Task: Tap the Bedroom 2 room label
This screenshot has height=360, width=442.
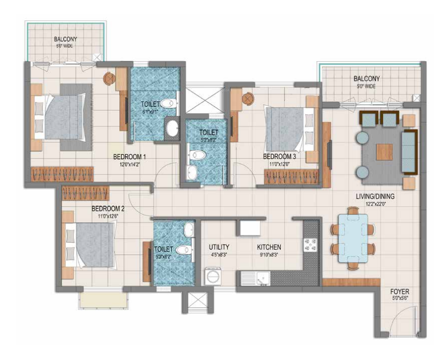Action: [108, 209]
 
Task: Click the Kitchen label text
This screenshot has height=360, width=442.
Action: [269, 247]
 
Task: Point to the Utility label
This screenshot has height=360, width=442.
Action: [219, 247]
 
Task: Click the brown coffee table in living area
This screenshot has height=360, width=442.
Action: [384, 152]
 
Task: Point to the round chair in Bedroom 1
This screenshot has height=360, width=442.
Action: [109, 78]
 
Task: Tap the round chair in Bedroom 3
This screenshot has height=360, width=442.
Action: [247, 99]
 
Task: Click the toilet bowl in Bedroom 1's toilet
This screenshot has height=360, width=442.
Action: [168, 104]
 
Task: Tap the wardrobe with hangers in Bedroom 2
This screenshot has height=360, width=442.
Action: [85, 192]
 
